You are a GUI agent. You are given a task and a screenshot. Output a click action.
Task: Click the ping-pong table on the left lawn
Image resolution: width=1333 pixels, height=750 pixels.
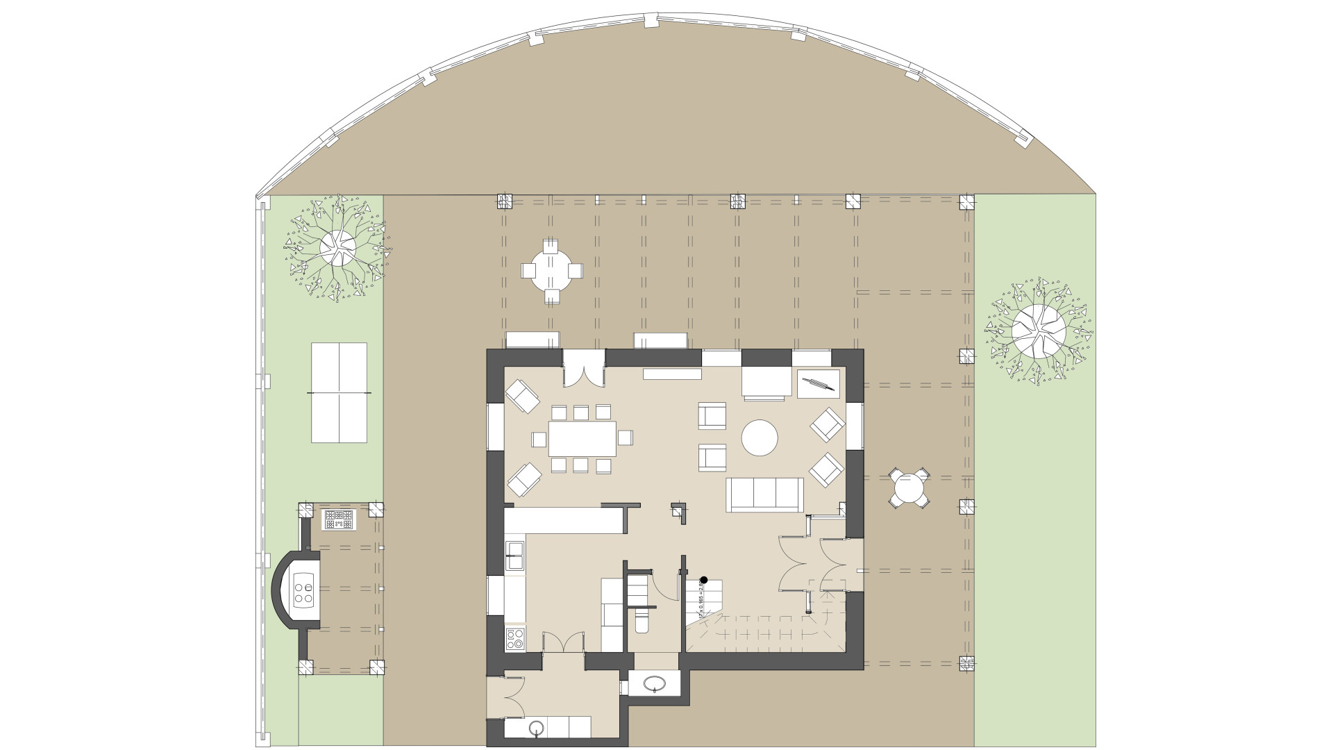pos(339,392)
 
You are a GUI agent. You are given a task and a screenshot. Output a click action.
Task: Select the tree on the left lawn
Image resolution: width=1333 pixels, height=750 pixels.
pos(337,247)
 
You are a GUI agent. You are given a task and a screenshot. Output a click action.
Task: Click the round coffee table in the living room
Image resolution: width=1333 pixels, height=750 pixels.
pos(760,437)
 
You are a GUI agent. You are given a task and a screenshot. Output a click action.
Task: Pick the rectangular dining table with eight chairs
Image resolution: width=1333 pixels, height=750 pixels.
pos(582,438)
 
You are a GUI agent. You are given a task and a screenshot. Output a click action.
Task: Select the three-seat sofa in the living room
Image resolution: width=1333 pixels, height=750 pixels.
pos(764,494)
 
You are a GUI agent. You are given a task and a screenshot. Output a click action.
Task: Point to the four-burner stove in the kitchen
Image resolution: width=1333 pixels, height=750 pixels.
pos(515,638)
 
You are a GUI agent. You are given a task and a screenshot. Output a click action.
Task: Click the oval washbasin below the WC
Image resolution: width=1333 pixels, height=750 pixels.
pos(653,684)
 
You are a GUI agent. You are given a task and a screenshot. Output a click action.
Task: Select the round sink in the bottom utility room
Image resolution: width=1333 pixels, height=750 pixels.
pos(535,728)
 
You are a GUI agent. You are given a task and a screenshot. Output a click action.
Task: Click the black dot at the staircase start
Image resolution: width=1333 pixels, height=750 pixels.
pos(703,579)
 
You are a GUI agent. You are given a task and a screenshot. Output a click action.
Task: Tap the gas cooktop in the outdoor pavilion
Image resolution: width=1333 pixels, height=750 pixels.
pos(339,519)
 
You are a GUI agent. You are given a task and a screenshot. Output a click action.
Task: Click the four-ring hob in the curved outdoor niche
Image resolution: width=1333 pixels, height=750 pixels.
pos(303,589)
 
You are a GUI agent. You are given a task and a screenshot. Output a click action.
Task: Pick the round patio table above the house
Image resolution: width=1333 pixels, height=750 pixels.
pos(552,270)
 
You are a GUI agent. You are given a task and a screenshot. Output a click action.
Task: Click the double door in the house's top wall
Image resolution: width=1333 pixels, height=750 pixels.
pos(583,368)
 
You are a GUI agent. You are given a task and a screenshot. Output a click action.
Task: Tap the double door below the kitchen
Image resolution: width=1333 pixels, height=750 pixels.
pos(563,642)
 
